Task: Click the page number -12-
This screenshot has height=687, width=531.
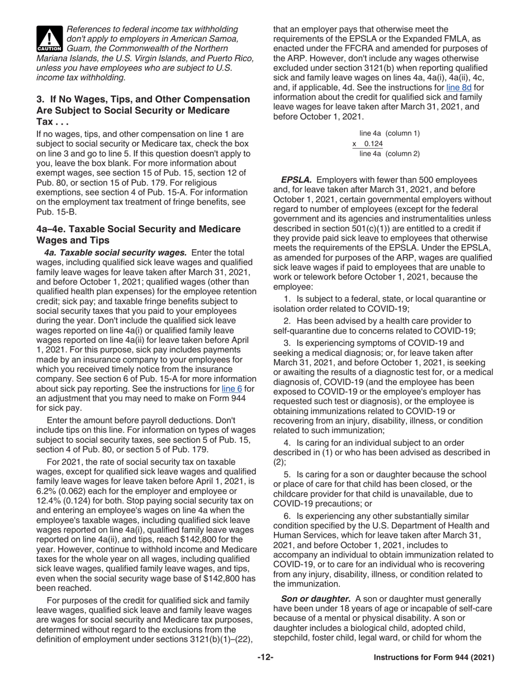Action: (265, 658)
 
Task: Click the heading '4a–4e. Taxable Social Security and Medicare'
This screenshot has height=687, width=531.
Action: (139, 229)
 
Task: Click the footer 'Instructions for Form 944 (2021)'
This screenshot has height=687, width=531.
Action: (434, 658)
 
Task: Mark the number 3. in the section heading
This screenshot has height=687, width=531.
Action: (40, 99)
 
